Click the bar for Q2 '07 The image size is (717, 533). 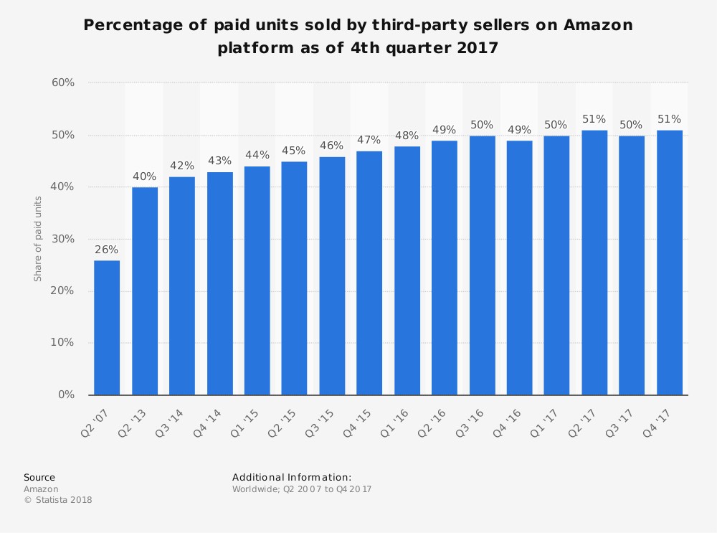coord(107,327)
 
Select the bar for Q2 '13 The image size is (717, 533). coord(144,291)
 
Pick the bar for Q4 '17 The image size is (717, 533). coord(669,262)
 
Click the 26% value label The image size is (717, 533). coord(107,250)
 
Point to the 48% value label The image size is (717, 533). coord(407,136)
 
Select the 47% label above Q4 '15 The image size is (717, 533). coord(369,140)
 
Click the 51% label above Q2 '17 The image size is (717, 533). coord(594,119)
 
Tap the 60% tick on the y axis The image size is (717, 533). coord(63,82)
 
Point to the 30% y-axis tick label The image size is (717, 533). coord(63,239)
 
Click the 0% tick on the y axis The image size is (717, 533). coord(66,395)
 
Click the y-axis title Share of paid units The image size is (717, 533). coord(38,239)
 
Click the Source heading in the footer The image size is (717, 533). coord(39,477)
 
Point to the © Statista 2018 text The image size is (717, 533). coord(58,500)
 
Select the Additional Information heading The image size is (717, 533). coord(292,477)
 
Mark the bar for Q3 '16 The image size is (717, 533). coord(482,265)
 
